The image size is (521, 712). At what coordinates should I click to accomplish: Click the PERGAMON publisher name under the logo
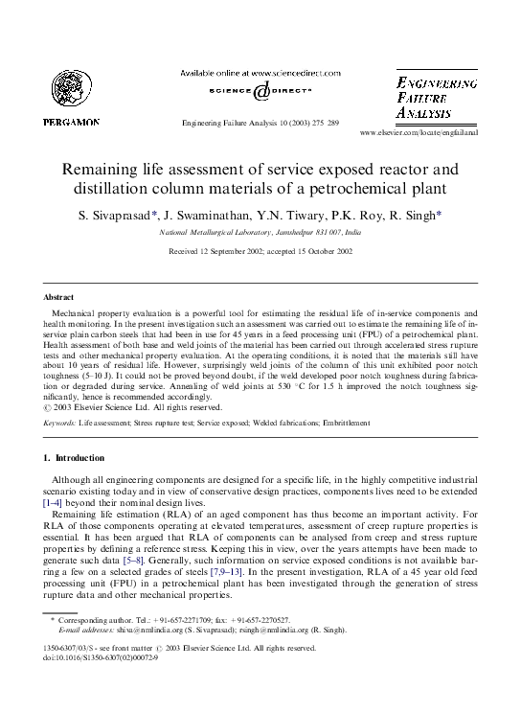[x=70, y=123]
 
